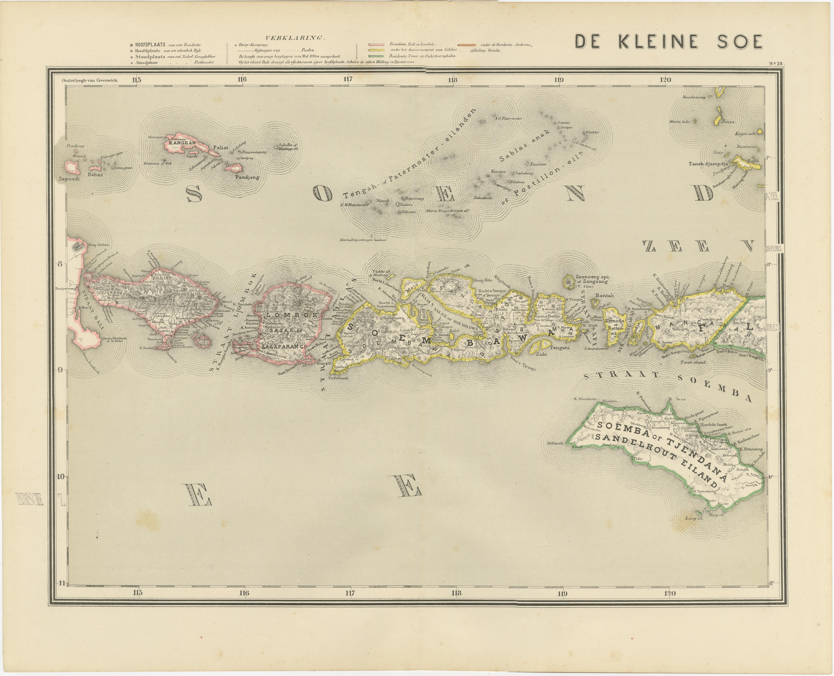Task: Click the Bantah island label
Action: tap(604, 296)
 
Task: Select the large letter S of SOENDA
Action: tap(194, 193)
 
